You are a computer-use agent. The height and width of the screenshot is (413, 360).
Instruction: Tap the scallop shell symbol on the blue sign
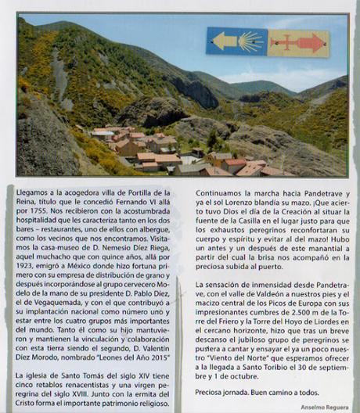[x=248, y=41]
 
